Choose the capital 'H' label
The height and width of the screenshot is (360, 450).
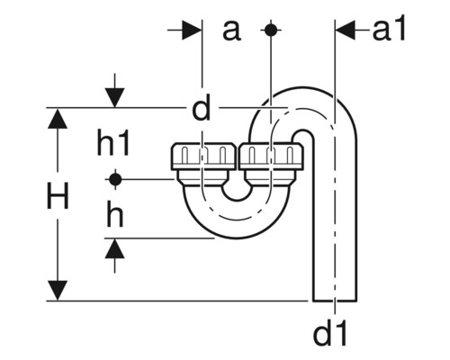pyautogui.click(x=58, y=200)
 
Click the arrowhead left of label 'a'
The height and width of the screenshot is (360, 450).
pyautogui.click(x=191, y=30)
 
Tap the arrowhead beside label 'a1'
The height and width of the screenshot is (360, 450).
pyautogui.click(x=347, y=30)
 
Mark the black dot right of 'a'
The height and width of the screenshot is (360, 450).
pyautogui.click(x=269, y=30)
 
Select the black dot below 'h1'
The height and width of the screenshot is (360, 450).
pyautogui.click(x=113, y=178)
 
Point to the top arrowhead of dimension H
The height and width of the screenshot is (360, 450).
pyautogui.click(x=58, y=120)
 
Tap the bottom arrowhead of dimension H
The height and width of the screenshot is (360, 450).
pyautogui.click(x=58, y=290)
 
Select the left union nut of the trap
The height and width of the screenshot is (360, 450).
pyautogui.click(x=202, y=158)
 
